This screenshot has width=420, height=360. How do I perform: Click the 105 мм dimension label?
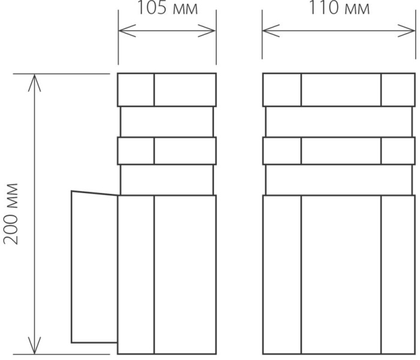[x=167, y=8]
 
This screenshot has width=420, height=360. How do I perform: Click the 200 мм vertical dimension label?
[x=11, y=214]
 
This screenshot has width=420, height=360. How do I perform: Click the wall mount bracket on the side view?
[x=95, y=267]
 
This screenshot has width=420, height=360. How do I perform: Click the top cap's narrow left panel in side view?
[x=136, y=90]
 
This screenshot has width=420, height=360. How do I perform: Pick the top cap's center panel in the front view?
[x=341, y=90]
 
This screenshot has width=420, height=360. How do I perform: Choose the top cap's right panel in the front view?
[x=398, y=90]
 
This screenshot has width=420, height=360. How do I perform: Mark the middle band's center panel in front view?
[x=341, y=151]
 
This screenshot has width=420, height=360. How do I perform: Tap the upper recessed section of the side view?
[x=167, y=122]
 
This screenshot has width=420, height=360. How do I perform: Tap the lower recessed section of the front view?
[x=339, y=180]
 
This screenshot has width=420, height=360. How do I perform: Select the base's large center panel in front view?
[x=341, y=275]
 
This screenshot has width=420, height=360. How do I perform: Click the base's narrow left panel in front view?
[x=282, y=275]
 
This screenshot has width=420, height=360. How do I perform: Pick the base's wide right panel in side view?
[x=185, y=275]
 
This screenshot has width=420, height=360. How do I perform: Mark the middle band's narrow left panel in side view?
[x=136, y=151]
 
